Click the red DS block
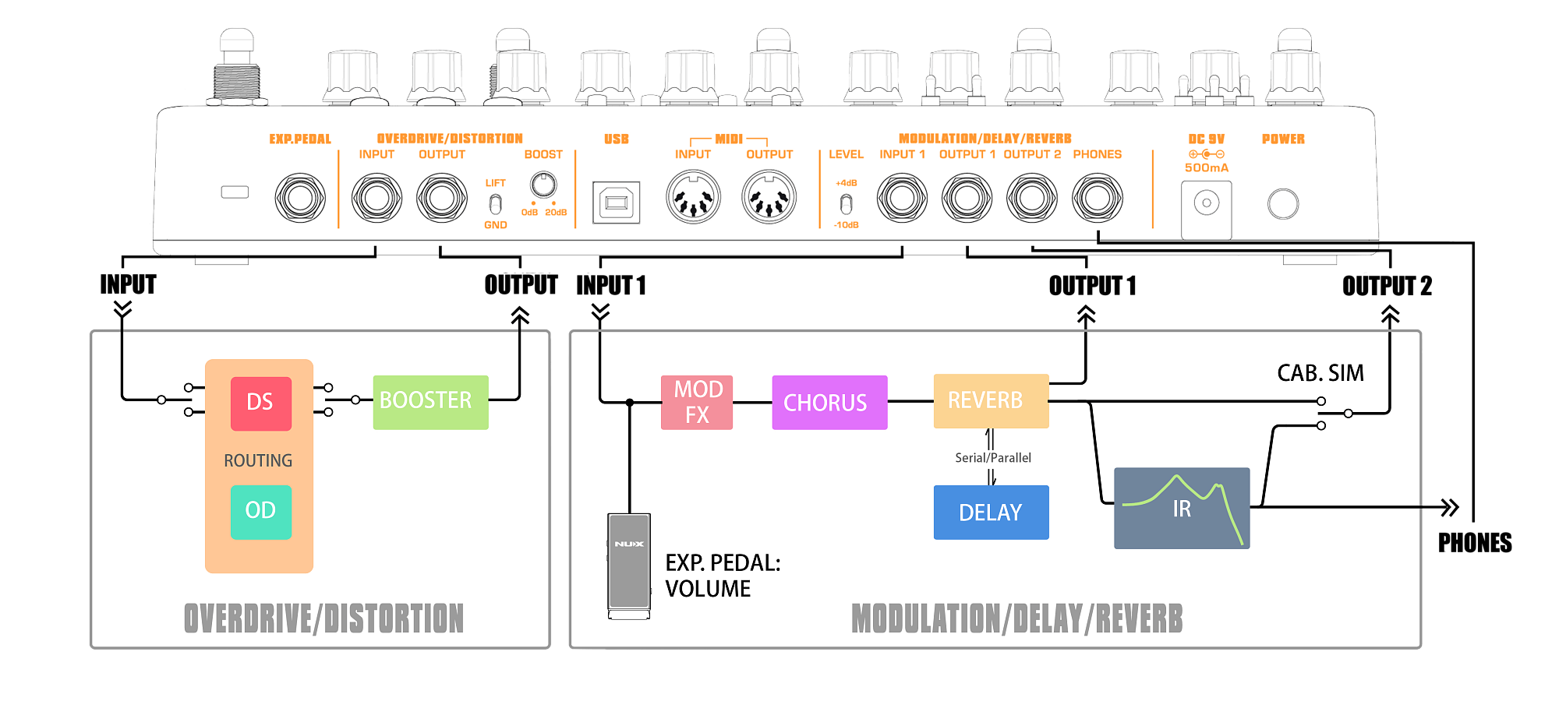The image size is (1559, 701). coord(261,403)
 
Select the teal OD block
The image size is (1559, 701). coord(261,512)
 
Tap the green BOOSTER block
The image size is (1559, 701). coord(430,402)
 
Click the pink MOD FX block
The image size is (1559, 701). coord(697,402)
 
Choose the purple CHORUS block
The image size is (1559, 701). coord(829,402)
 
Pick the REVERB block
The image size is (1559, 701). coord(991,401)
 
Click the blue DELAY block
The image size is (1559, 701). coord(991,512)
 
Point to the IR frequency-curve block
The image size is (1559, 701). coord(1182,508)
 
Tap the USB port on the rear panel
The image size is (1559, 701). coord(617,203)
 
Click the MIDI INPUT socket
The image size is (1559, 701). coord(693,198)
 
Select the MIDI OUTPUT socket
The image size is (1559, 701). coord(769,198)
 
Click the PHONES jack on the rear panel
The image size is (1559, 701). coord(1098,198)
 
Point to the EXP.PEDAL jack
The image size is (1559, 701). coord(300,198)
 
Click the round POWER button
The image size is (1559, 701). coord(1283,204)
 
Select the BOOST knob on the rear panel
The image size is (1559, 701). coord(543,185)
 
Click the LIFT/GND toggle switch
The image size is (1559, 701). coord(495,204)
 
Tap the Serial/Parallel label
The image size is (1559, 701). coord(993,458)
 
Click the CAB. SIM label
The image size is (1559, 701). coord(1320,373)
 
